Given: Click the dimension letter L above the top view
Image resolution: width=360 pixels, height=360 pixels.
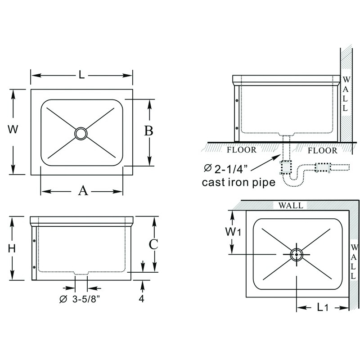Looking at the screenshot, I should [x=81, y=75].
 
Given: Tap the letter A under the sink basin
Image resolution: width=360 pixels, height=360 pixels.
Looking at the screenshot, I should [x=82, y=191].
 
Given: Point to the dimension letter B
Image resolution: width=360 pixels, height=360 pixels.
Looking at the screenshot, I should [x=148, y=131].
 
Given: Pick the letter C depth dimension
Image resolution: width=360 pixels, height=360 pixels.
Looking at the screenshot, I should [x=153, y=244].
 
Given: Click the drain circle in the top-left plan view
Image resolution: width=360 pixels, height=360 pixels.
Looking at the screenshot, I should [x=81, y=133].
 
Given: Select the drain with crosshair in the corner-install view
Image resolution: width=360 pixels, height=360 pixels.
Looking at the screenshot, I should [x=296, y=255].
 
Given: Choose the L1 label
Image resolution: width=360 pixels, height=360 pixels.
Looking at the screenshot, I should [x=322, y=308].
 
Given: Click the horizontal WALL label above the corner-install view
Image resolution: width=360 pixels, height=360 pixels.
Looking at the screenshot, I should [x=291, y=206].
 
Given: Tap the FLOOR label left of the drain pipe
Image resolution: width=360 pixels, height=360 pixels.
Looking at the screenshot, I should [x=241, y=150].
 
